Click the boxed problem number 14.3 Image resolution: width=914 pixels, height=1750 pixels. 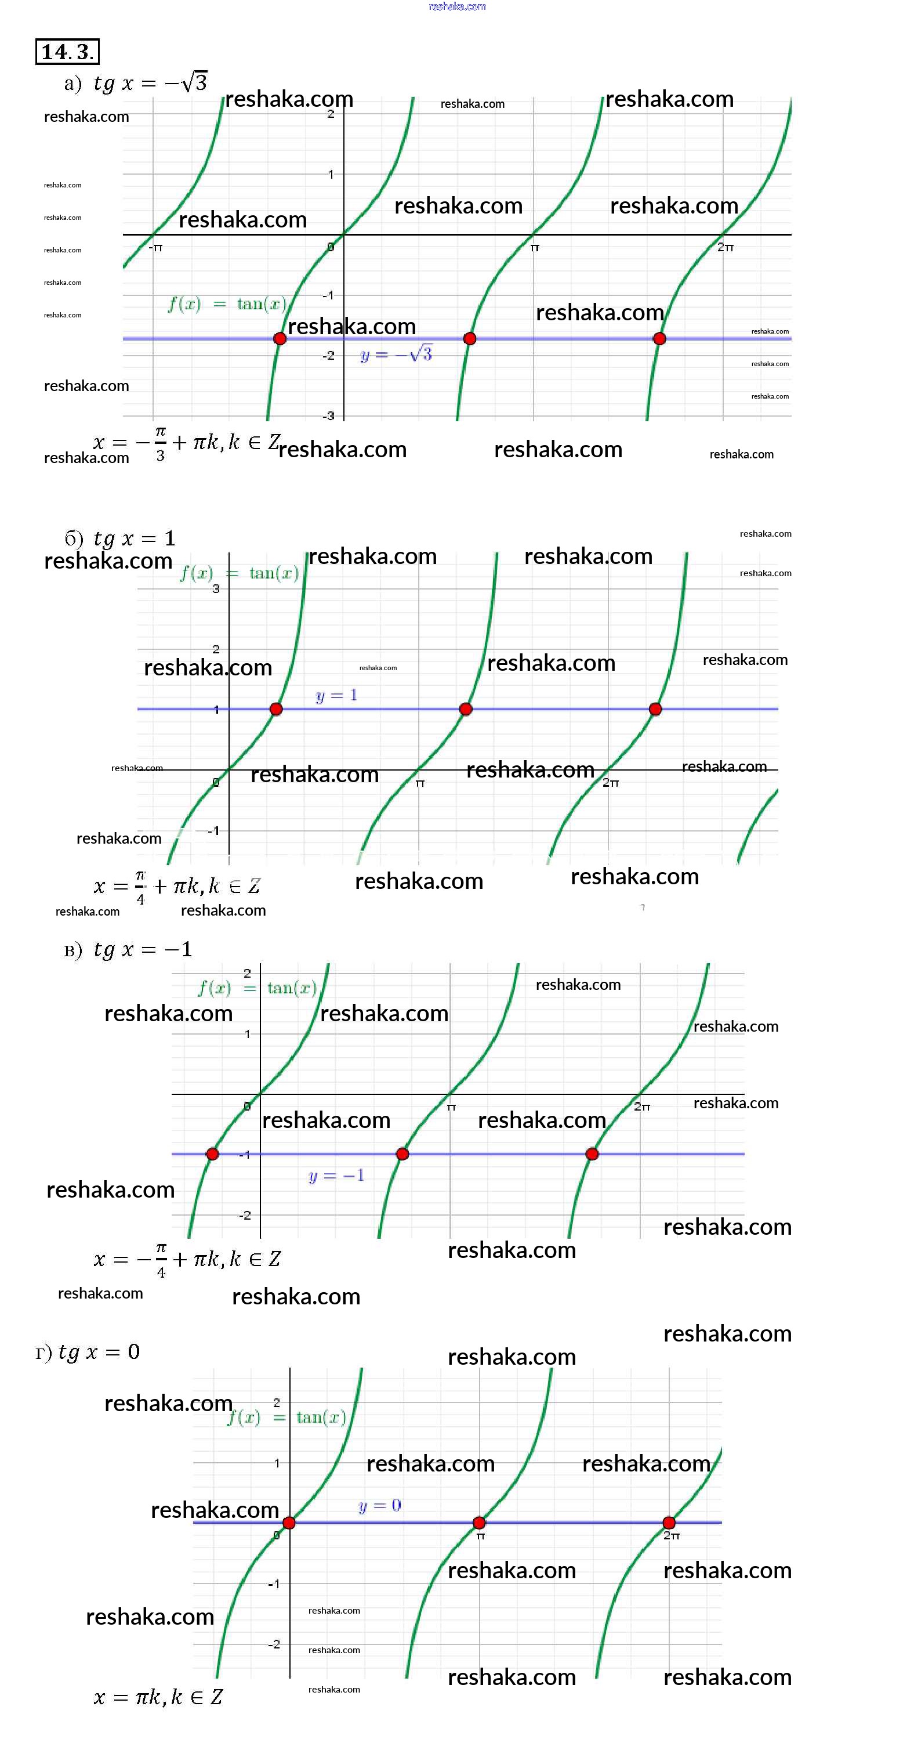tap(67, 52)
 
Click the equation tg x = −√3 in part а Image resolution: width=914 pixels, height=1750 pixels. tap(150, 83)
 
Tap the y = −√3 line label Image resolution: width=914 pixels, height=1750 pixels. tap(396, 354)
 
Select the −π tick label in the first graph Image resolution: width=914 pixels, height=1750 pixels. tap(156, 248)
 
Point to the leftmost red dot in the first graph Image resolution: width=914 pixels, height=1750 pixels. tap(280, 338)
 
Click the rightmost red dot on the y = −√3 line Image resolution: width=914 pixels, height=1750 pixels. tap(659, 338)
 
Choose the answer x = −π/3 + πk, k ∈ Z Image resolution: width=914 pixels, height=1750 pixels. tap(186, 443)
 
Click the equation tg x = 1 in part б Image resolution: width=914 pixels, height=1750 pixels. tap(135, 538)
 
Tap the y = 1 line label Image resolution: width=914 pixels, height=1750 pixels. tap(336, 696)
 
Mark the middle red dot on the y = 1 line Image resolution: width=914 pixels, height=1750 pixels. tap(465, 709)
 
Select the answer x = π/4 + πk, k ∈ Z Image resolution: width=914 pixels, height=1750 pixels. tap(176, 886)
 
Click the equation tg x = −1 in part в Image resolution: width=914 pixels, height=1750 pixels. tap(143, 949)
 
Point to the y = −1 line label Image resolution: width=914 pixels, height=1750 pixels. tap(336, 1175)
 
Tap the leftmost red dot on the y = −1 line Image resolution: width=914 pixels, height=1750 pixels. tap(212, 1154)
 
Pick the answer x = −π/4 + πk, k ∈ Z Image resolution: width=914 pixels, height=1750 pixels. tap(187, 1260)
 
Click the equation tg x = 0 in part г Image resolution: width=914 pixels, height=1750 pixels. tap(99, 1352)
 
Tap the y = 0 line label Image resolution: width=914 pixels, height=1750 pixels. tap(380, 1506)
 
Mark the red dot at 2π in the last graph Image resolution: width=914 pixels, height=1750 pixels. tap(669, 1523)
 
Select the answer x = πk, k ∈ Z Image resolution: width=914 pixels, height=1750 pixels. tap(158, 1697)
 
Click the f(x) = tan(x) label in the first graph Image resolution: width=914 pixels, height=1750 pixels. tap(227, 303)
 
